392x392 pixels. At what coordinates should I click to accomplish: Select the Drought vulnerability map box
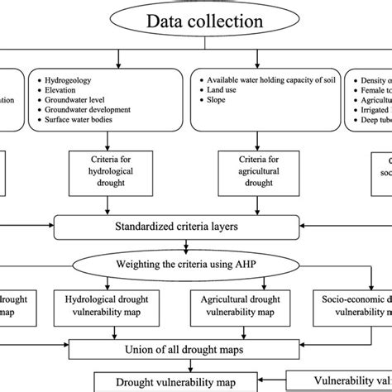click(x=165, y=381)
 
